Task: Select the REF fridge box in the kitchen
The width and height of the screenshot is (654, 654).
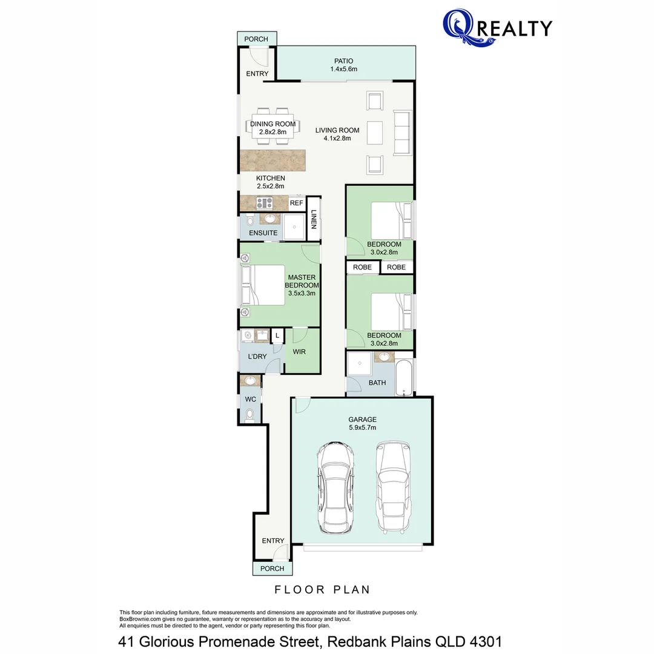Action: click(296, 203)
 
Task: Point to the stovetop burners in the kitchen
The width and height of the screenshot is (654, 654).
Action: click(264, 203)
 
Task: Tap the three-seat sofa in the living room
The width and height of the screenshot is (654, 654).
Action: click(402, 133)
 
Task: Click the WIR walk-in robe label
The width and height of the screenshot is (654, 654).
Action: click(299, 351)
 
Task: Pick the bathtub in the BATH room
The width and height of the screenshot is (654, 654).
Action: click(405, 378)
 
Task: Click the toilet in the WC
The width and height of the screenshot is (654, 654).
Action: click(250, 414)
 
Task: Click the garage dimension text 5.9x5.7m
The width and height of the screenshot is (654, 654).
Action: click(362, 428)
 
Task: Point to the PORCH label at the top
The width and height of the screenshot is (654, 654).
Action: click(256, 39)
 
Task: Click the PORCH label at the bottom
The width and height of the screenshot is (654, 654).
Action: click(272, 569)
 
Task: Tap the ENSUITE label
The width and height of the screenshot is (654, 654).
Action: click(263, 233)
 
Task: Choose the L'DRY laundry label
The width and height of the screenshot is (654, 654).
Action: click(257, 357)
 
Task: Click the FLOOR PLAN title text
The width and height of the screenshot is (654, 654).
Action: click(322, 589)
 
